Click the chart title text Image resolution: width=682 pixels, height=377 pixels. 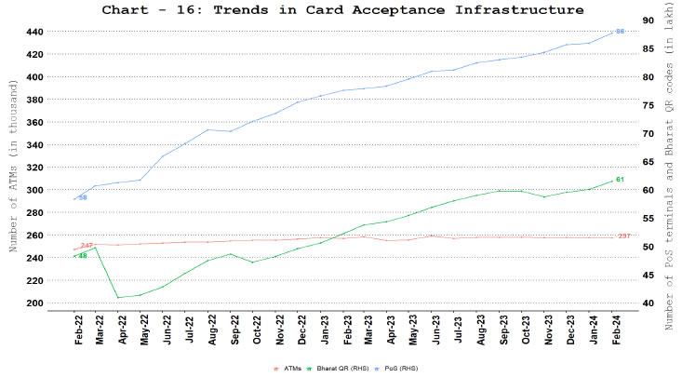[344, 10]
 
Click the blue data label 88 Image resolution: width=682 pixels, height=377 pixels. [620, 32]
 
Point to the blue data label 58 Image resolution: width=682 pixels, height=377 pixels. [83, 197]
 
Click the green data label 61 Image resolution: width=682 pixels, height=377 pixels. [620, 179]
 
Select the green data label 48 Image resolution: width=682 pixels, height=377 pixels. [83, 255]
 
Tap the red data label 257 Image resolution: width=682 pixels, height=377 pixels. [624, 236]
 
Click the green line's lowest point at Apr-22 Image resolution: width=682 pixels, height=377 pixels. [118, 297]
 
